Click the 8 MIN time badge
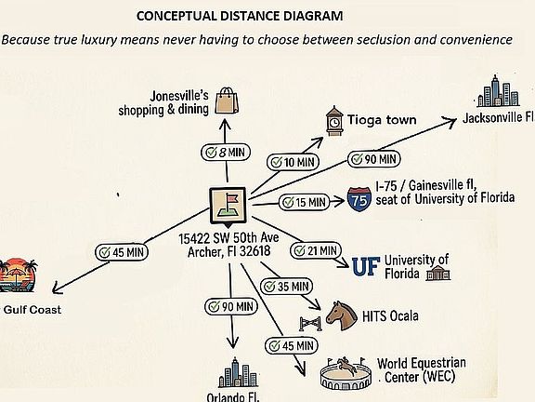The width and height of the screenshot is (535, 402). coord(226,152)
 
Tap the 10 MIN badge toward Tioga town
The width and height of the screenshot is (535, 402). coord(293,162)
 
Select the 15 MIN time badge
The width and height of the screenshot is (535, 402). coord(305,202)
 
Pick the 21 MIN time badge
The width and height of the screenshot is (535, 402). coord(316,251)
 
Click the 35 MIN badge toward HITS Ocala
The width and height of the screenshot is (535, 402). coord(286,287)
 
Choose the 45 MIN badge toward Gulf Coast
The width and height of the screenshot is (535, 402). coord(122,252)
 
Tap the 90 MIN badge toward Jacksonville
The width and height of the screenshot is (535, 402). coord(374,159)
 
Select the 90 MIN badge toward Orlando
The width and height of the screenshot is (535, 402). coord(230,307)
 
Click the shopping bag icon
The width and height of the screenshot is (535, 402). coord(227,100)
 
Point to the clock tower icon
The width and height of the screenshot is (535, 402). coord(334,121)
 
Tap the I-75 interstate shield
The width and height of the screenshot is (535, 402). coord(359,199)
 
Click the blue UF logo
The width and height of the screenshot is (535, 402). coord(366,266)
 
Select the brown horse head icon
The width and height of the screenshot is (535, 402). coord(341,315)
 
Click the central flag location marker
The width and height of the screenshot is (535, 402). coord(228,206)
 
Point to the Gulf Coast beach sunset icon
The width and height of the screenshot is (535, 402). coord(18,275)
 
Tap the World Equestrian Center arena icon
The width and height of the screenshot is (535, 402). coord(346,374)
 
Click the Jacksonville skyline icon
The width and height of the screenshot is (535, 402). coord(498,91)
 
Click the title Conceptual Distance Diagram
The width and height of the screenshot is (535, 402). coord(240,16)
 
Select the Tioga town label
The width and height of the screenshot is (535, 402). coord(382,120)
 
